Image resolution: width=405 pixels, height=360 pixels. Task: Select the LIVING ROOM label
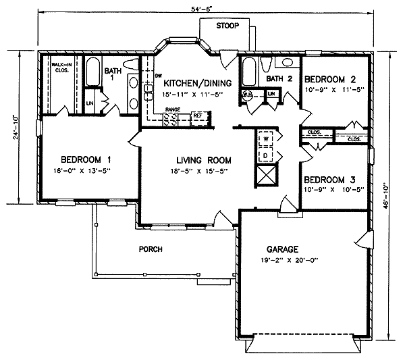pos(204,161)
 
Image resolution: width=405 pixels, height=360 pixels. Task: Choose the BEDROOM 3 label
pos(331,180)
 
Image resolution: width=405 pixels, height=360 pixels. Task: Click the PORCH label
pos(151,249)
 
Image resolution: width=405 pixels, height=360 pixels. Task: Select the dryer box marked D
pos(265,155)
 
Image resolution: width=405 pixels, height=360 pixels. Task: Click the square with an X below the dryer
pos(266,176)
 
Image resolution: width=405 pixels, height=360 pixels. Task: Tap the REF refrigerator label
pos(198,115)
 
